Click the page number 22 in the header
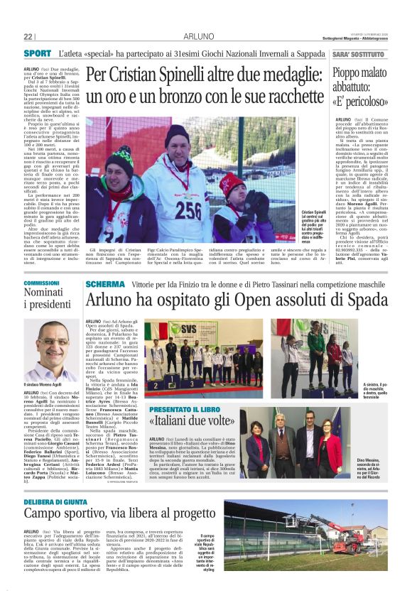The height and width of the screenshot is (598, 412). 28,36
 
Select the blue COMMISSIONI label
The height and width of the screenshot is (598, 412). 40,283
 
